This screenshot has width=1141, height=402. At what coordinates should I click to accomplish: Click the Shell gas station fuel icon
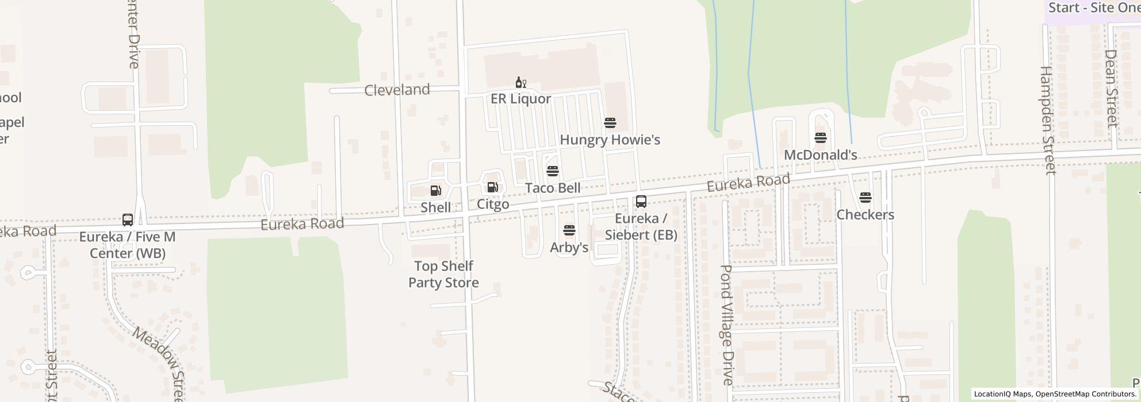435,191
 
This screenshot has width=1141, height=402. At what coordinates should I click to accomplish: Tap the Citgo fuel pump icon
492,187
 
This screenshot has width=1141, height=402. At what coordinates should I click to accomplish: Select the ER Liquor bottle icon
520,83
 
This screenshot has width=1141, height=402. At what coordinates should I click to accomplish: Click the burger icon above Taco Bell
553,171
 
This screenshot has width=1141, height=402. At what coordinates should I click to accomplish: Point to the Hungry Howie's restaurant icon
610,123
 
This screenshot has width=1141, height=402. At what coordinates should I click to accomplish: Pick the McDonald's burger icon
821,138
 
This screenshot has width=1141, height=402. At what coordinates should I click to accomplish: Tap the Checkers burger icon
866,198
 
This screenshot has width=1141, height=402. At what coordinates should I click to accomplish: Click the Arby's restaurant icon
569,231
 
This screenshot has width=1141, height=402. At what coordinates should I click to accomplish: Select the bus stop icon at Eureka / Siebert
641,202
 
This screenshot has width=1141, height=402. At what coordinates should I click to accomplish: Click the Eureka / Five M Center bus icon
128,220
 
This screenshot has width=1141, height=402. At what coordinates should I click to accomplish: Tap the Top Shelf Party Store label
443,275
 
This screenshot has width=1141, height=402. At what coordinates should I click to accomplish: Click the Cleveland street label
397,90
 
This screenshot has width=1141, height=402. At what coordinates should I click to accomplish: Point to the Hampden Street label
1048,120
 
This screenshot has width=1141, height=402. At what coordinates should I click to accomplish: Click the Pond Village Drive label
727,324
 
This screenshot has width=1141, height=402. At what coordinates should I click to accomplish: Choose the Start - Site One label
1092,8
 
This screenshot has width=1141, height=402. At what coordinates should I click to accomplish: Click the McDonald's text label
821,155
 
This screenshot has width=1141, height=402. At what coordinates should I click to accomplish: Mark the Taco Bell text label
553,188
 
